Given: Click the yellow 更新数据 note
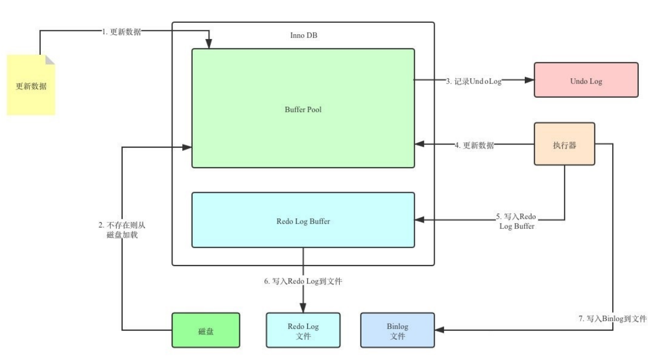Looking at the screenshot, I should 31,86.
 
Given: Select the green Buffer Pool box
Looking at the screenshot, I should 303,109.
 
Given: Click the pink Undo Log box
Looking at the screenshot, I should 586,80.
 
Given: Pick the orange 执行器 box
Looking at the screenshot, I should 564,145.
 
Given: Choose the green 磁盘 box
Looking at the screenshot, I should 206,330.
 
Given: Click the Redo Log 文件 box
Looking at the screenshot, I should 303,330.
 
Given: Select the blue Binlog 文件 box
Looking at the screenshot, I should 397,330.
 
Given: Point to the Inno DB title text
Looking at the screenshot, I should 303,35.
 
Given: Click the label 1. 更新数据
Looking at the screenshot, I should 122,31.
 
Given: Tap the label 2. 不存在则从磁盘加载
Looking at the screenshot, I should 118,230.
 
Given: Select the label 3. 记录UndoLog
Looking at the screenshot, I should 473,80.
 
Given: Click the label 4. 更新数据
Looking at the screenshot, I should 474,145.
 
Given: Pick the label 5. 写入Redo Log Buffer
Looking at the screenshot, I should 517,221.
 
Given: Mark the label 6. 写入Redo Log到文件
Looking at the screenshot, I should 302,281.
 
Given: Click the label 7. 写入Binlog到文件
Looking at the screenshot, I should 613,319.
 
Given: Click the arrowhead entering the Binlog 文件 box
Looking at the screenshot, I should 440,330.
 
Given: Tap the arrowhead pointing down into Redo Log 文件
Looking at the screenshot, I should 303,308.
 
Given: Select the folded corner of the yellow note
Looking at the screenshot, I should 50,60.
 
